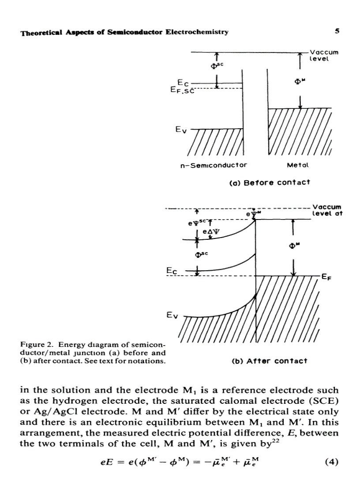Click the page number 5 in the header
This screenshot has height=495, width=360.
click(337, 32)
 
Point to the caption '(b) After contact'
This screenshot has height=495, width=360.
click(269, 361)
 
